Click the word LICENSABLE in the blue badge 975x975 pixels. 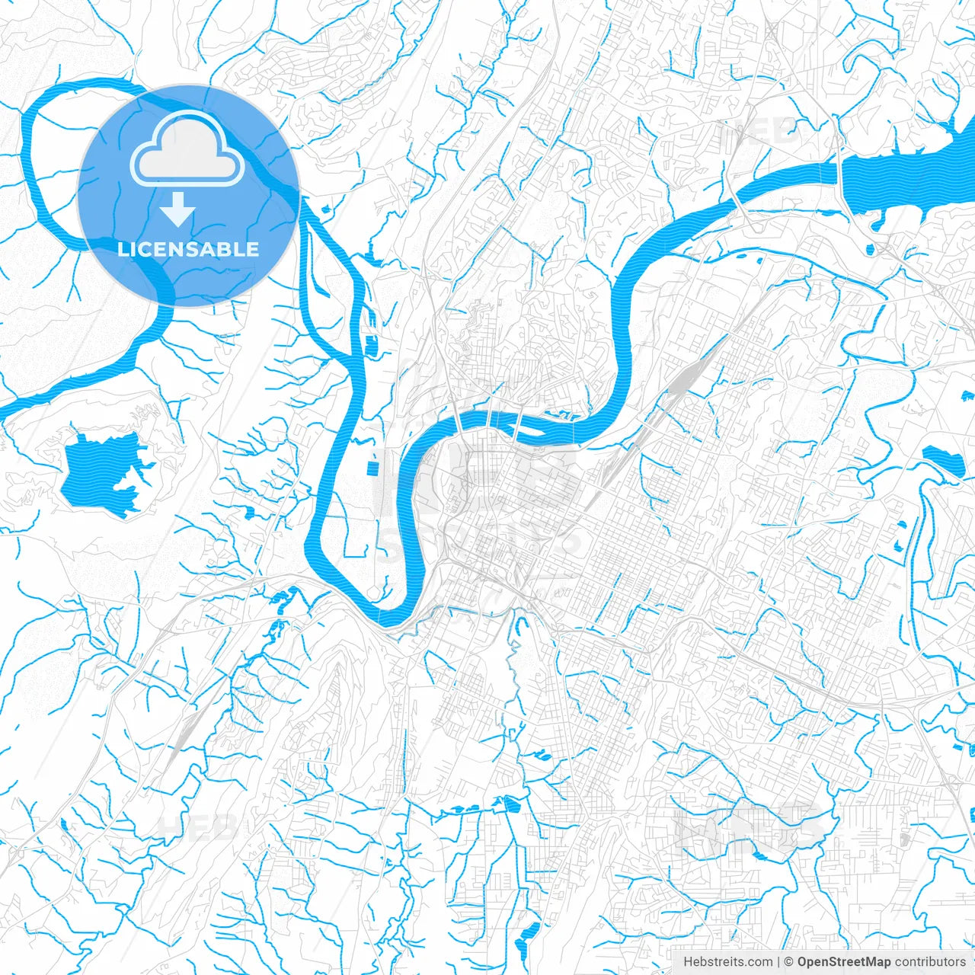coord(188,249)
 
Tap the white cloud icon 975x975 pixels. coord(187,149)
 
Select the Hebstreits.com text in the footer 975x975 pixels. coord(727,962)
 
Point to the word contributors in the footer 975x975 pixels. coord(929,962)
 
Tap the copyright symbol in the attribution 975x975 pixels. coord(789,962)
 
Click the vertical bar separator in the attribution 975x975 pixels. coord(778,962)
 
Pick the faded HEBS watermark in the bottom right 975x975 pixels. coord(750,826)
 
